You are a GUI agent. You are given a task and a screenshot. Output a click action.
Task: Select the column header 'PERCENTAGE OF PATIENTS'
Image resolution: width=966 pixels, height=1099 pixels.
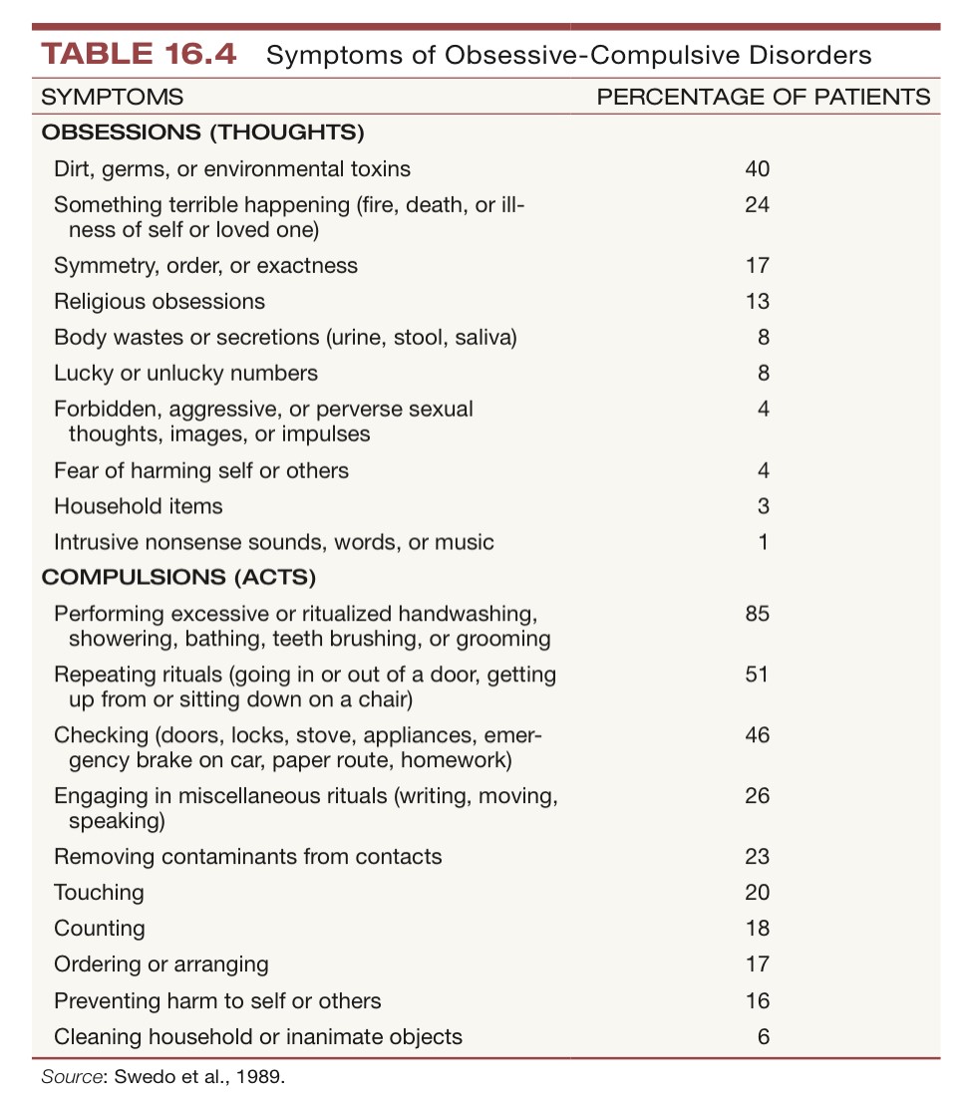click(x=763, y=97)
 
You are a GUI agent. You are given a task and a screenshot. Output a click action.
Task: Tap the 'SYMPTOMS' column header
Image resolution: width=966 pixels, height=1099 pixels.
click(x=111, y=97)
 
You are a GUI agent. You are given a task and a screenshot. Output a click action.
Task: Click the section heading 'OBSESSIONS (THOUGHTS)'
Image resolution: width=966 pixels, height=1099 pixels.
click(x=202, y=132)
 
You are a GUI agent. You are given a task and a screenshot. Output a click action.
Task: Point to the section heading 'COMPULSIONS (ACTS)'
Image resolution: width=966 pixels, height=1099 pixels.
click(x=178, y=577)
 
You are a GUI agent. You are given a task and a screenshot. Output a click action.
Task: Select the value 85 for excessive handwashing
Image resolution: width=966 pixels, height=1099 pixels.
click(x=757, y=613)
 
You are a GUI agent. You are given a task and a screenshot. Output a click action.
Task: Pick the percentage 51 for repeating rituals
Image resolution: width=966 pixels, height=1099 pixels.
click(x=757, y=675)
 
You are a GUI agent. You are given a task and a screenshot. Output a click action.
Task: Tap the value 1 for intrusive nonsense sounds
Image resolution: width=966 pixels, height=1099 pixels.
click(x=763, y=542)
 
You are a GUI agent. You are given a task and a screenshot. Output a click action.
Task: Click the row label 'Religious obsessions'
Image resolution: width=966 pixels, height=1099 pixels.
click(x=160, y=301)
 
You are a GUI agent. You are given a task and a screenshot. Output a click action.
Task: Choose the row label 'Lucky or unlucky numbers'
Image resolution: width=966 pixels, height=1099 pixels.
click(x=185, y=373)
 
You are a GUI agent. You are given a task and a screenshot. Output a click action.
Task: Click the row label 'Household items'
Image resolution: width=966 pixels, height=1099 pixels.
click(x=139, y=506)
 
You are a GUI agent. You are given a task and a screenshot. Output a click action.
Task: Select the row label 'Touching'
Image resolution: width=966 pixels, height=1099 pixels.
click(x=99, y=892)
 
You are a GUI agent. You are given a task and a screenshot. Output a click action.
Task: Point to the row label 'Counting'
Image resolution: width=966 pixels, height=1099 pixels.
click(x=100, y=928)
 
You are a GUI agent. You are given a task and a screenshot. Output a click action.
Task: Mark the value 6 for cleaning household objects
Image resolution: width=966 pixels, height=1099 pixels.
click(x=763, y=1036)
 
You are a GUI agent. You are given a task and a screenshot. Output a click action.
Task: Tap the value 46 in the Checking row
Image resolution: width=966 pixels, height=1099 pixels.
click(x=757, y=735)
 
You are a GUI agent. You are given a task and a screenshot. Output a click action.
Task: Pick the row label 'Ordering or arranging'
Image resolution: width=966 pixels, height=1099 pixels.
click(x=161, y=963)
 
